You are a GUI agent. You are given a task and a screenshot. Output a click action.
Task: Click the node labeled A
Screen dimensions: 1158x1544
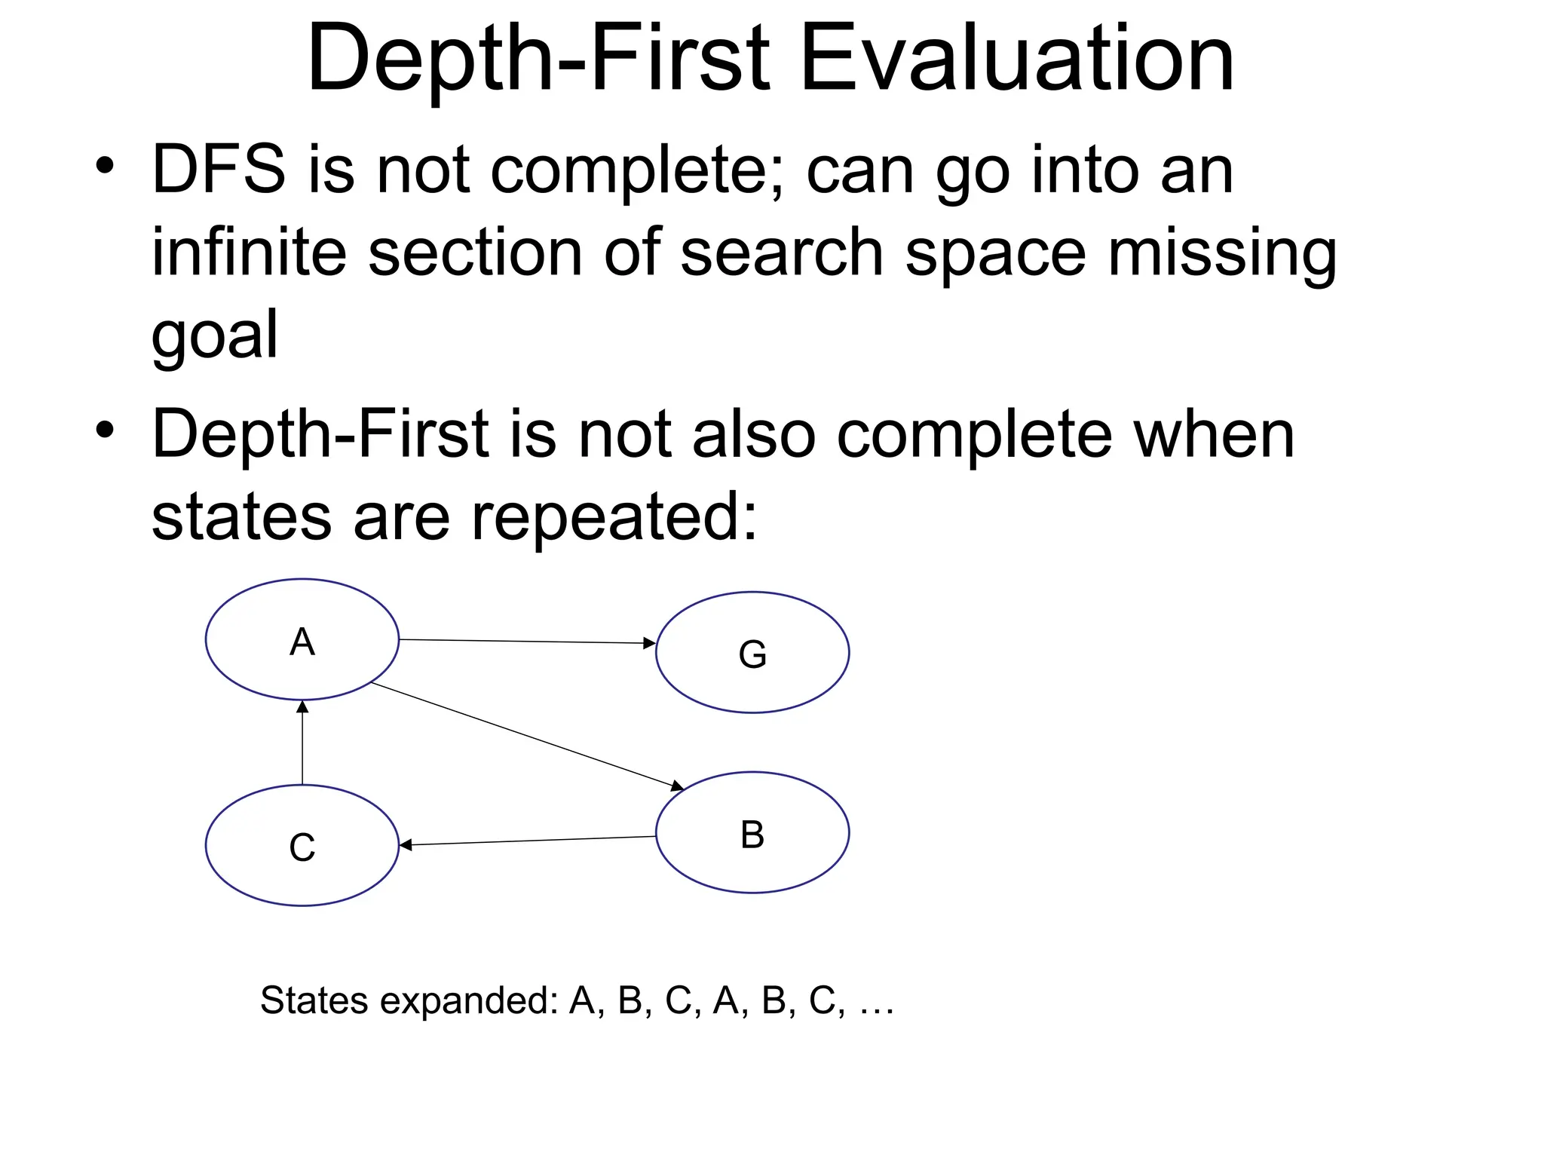coord(302,639)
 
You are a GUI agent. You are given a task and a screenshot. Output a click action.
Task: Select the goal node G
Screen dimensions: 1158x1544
coord(752,652)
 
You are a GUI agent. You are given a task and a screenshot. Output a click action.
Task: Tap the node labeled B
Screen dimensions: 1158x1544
coord(752,832)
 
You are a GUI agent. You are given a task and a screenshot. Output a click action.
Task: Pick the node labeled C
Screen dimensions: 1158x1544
coord(302,845)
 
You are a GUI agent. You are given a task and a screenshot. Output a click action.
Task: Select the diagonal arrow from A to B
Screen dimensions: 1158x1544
coord(528,737)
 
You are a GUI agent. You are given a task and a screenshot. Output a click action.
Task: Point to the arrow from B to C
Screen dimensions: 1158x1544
coord(528,841)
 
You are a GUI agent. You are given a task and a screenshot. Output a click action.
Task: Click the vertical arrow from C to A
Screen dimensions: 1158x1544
coord(302,743)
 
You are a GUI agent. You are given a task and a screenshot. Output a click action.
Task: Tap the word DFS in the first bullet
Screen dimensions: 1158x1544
coord(219,170)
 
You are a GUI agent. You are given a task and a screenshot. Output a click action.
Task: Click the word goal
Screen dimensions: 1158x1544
coord(215,335)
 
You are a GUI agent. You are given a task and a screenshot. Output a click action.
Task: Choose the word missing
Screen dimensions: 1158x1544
coord(1221,253)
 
